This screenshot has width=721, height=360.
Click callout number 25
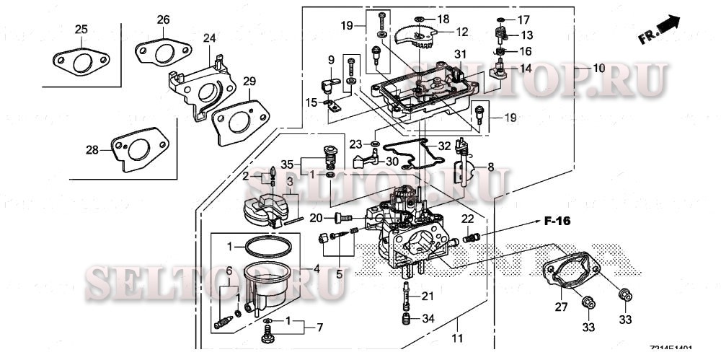coord(81,29)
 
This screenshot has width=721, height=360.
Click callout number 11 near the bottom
coord(456,338)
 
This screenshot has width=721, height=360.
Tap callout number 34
coord(428,318)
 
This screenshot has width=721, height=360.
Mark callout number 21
coord(428,296)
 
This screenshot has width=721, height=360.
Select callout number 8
coord(490,167)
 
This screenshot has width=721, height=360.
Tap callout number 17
coord(523,19)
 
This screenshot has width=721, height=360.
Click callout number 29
coord(249,82)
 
